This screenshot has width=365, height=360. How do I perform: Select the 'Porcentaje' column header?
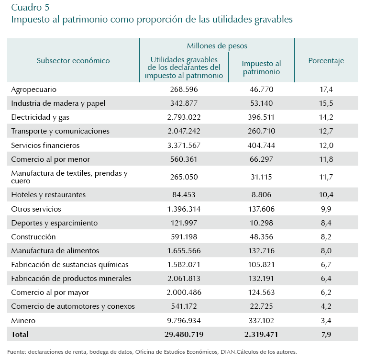pos(326,61)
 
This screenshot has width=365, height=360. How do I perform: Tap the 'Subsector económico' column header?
pos(73,61)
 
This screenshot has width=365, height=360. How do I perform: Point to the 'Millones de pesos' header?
pos(217,46)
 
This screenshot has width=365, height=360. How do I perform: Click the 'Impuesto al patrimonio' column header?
pos(261,67)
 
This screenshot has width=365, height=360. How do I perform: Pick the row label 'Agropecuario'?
pos(33,90)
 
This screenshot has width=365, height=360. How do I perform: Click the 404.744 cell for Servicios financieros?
pos(261,145)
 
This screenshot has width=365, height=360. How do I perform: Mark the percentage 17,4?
pos(326,90)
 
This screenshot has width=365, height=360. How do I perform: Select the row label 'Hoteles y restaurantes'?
pos(48,195)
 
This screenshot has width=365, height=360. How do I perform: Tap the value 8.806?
pos(261,195)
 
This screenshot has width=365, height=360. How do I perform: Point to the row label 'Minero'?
pos(23,320)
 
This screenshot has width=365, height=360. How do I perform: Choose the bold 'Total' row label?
pos(20,334)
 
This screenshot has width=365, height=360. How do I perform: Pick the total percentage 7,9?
pos(326,334)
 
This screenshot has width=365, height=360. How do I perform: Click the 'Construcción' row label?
pos(33,236)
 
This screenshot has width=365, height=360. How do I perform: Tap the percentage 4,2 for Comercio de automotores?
pos(326,306)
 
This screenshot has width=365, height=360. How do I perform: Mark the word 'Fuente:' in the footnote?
pos(17,352)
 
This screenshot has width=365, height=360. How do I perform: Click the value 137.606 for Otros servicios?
pos(261,209)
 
